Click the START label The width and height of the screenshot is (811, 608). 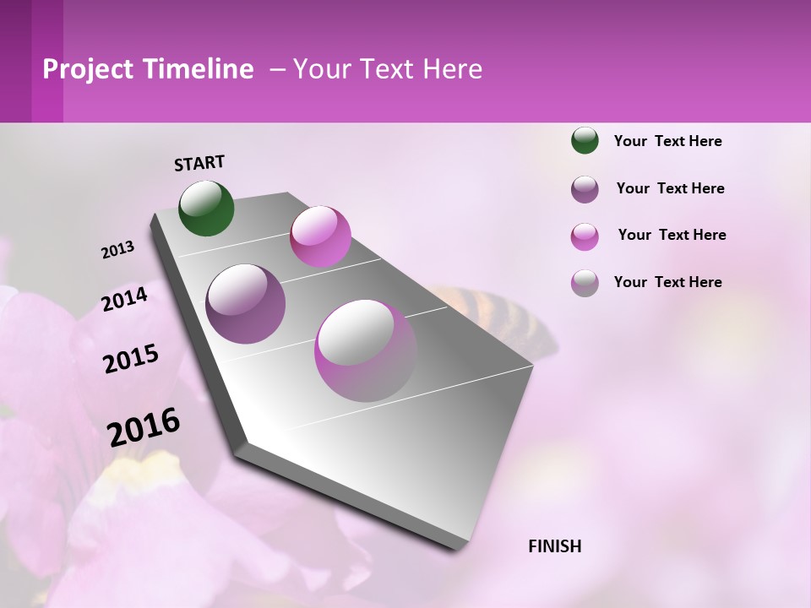coord(199,163)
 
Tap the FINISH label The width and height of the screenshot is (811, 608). coord(555,546)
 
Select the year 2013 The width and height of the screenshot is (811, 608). coord(118,250)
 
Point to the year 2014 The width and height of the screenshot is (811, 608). coord(125,300)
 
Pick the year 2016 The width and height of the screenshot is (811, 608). coord(144,426)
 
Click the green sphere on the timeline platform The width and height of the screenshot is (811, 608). coord(206,208)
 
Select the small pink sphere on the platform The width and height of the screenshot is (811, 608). coord(320,236)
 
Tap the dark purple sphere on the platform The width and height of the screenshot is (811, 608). coord(246,303)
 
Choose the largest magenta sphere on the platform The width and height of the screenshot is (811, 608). coord(366,350)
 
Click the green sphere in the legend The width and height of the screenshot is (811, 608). coord(585,140)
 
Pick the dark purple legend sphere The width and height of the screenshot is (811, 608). coord(585,188)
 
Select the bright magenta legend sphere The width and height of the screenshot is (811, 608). coord(585,236)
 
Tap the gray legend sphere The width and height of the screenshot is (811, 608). coord(585,283)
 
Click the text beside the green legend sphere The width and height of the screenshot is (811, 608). coord(667,141)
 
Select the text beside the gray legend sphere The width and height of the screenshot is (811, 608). coord(667,282)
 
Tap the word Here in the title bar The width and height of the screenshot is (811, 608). coord(451,69)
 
